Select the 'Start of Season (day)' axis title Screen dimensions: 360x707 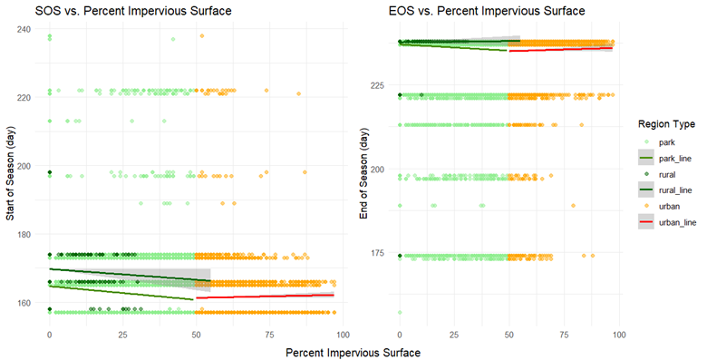12,173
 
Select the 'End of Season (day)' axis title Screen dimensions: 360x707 363,173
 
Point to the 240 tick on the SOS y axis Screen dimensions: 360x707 24,30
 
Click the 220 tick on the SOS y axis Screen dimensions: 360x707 24,98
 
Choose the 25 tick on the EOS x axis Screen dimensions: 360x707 454,336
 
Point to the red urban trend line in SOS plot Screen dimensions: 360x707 263,296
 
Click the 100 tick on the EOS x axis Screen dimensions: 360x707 618,336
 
